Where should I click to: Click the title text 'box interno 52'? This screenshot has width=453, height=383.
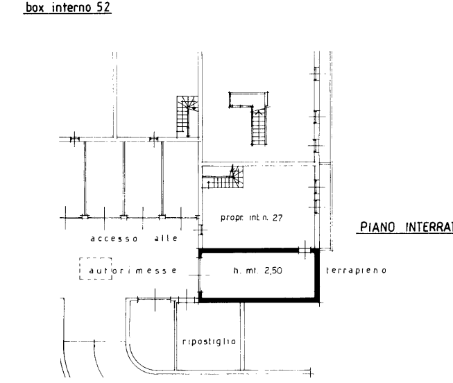[x=67, y=8]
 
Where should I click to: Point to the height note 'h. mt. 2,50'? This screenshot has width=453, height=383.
[x=257, y=271]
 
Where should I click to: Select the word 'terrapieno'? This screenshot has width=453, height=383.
[x=359, y=270]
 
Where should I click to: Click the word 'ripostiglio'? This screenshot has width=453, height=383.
[x=209, y=341]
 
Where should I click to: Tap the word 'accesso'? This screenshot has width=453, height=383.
[x=114, y=239]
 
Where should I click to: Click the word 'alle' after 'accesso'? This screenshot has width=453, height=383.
[x=165, y=239]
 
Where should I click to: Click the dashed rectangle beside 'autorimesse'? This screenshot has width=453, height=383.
[x=91, y=269]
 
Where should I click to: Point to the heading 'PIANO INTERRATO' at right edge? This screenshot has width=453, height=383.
[x=406, y=227]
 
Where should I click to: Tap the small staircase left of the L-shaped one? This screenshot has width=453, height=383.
[x=187, y=114]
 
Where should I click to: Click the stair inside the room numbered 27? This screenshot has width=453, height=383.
[x=224, y=179]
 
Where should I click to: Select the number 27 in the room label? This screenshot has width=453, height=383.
[x=276, y=218]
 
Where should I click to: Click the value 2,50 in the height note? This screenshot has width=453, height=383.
[x=272, y=271]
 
